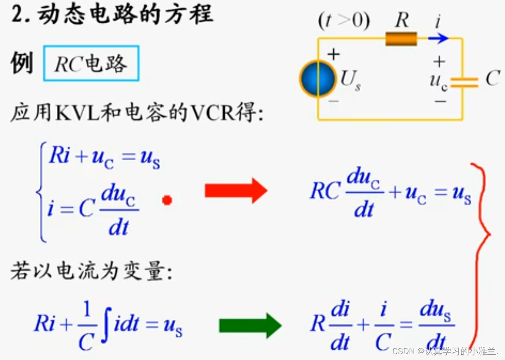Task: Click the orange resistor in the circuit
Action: [x=401, y=39]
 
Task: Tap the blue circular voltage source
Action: [x=317, y=79]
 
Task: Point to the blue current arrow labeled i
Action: [x=438, y=39]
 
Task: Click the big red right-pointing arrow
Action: [x=235, y=191]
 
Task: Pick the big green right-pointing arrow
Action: [x=249, y=326]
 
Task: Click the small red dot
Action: [x=167, y=201]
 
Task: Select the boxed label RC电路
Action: [x=91, y=64]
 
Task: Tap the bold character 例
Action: [x=21, y=63]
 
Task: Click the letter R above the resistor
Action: [x=402, y=21]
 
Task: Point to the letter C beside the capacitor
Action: [x=492, y=79]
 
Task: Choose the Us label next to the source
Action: [x=351, y=81]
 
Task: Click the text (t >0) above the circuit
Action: [x=343, y=21]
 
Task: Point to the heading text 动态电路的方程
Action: [x=125, y=14]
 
